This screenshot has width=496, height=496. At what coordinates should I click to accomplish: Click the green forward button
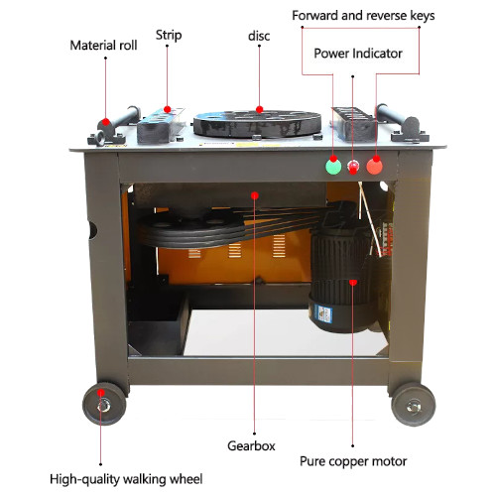333,167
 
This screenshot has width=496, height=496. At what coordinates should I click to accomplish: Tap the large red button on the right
375,167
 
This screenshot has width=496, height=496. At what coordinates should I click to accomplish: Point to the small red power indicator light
353,166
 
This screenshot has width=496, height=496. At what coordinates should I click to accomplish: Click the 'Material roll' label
103,46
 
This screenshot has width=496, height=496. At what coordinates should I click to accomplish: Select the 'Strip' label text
169,36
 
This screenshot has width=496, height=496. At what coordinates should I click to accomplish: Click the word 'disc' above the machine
259,36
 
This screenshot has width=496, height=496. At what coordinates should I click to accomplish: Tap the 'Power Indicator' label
358,54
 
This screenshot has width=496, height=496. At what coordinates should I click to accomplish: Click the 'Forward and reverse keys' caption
363,16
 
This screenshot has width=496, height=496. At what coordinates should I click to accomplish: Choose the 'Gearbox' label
251,445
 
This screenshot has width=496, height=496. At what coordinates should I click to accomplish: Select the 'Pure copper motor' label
353,461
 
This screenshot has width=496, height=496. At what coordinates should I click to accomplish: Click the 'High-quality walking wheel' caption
126,479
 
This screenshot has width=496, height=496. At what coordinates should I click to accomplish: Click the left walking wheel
104,404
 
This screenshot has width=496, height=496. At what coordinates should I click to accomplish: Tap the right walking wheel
414,405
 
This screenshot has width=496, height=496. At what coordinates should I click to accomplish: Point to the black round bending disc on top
257,123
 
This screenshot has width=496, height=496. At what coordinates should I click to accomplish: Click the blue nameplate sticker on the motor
323,313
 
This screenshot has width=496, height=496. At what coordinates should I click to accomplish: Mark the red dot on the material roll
106,122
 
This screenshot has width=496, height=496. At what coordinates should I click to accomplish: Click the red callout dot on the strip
168,109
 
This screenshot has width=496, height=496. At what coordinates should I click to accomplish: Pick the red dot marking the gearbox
255,195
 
